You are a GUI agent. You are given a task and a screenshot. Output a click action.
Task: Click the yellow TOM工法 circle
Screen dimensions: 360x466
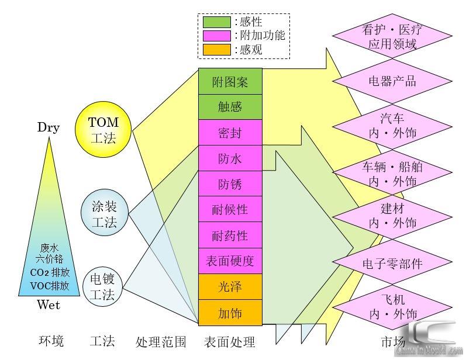pyautogui.click(x=103, y=130)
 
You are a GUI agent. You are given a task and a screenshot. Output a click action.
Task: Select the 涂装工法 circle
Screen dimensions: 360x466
pyautogui.click(x=103, y=214)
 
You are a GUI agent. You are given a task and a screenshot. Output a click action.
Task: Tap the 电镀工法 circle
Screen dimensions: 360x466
pyautogui.click(x=103, y=286)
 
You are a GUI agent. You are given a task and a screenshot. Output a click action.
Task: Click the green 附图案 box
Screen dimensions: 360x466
pyautogui.click(x=230, y=82)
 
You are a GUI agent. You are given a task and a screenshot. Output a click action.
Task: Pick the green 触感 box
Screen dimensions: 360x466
pyautogui.click(x=230, y=107)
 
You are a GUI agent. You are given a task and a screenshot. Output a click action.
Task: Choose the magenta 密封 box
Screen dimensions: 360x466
pyautogui.click(x=230, y=133)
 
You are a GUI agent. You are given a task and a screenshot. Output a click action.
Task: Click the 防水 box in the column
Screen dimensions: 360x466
pyautogui.click(x=230, y=158)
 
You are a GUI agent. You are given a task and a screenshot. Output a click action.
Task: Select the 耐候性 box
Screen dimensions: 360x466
pyautogui.click(x=230, y=209)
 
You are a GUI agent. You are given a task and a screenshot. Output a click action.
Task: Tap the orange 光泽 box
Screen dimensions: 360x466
pyautogui.click(x=230, y=287)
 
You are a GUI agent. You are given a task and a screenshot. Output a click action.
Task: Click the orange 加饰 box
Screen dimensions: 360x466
pyautogui.click(x=230, y=313)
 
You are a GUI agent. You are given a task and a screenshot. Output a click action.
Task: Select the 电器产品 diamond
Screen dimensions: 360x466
pyautogui.click(x=392, y=80)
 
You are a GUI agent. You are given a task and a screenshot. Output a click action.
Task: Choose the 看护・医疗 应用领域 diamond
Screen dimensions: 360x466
pyautogui.click(x=392, y=36)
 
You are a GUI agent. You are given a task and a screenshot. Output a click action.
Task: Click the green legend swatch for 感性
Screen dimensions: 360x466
pyautogui.click(x=216, y=22)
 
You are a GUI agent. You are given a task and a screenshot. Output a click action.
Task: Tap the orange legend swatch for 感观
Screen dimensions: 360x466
pyautogui.click(x=216, y=50)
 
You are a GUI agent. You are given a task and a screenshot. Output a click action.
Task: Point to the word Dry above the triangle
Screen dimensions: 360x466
pyautogui.click(x=48, y=127)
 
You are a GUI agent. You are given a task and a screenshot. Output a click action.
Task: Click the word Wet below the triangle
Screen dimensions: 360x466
pyautogui.click(x=48, y=304)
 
